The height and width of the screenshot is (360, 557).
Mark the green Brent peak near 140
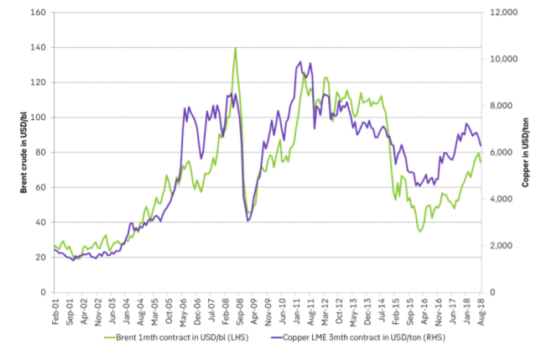(x=235, y=48)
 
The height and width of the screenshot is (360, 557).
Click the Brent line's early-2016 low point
(x=420, y=231)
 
